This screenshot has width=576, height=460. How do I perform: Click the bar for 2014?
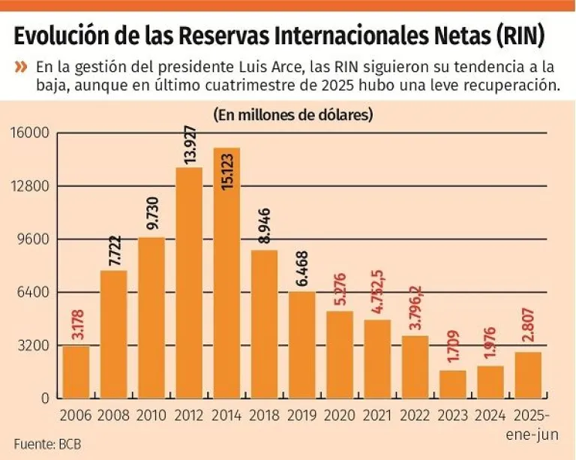[226, 272]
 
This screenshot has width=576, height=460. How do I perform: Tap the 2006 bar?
[76, 371]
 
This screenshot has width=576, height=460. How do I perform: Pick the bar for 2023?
[452, 383]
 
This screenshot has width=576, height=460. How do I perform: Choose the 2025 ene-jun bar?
[528, 374]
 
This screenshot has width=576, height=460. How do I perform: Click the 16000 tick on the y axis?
[29, 134]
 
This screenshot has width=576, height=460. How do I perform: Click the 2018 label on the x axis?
[264, 414]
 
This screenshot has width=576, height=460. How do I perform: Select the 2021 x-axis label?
[377, 414]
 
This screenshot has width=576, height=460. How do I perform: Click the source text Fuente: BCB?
[46, 443]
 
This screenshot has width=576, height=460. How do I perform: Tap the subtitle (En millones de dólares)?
[293, 116]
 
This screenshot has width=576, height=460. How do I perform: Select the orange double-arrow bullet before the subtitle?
[21, 68]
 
